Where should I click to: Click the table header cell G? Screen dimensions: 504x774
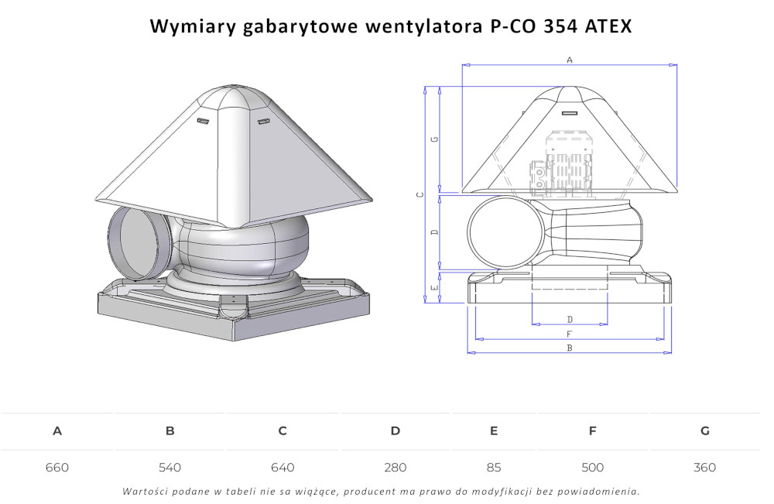pyautogui.click(x=704, y=431)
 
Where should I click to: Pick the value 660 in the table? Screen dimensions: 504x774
pyautogui.click(x=57, y=468)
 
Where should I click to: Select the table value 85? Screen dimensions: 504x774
pyautogui.click(x=494, y=468)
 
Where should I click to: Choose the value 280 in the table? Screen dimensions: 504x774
pyautogui.click(x=395, y=468)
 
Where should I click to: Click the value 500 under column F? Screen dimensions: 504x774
pyautogui.click(x=592, y=468)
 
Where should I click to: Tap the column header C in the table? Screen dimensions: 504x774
pyautogui.click(x=283, y=431)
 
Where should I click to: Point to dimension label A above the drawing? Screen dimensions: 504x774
pyautogui.click(x=570, y=60)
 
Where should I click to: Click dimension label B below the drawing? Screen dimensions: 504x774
pyautogui.click(x=570, y=348)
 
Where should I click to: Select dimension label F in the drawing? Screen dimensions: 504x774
pyautogui.click(x=570, y=334)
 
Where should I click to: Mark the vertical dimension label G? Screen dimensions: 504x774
pyautogui.click(x=435, y=139)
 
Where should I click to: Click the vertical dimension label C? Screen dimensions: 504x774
pyautogui.click(x=420, y=194)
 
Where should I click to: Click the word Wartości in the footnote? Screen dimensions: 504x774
pyautogui.click(x=146, y=491)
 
